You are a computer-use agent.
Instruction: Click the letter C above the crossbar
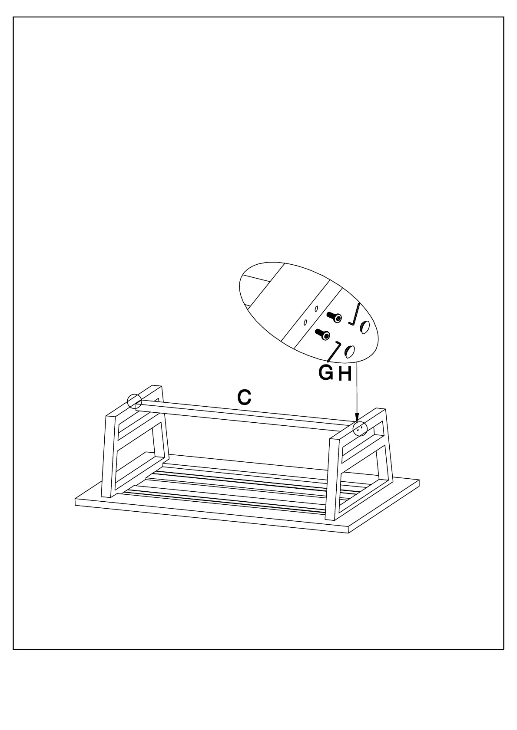click(244, 398)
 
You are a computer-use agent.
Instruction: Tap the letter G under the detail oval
click(326, 372)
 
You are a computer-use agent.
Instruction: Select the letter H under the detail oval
click(345, 374)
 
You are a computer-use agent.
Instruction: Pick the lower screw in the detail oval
click(322, 334)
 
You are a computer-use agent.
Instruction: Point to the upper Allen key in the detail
click(355, 314)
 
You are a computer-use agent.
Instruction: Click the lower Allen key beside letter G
click(334, 351)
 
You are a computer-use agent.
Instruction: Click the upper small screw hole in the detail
click(316, 308)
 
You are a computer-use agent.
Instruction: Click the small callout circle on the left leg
click(134, 401)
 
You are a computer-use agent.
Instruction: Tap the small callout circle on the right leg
click(360, 428)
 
